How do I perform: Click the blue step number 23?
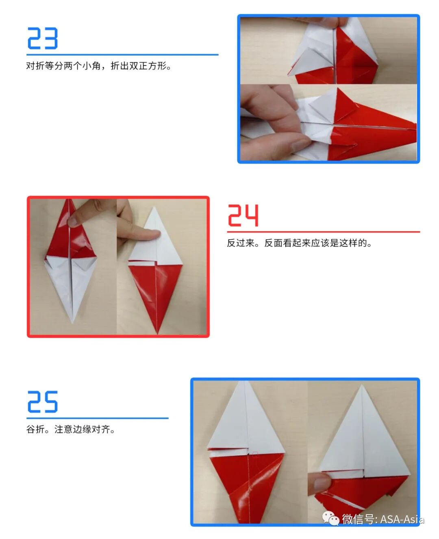pos(42,39)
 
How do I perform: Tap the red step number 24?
pos(243,215)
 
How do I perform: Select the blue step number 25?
pos(42,402)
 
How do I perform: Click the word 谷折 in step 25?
pos(35,429)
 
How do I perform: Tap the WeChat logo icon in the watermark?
pos(330,519)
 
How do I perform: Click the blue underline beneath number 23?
pos(122,54)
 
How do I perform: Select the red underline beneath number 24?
pos(323,232)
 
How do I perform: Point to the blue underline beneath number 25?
pos(97,418)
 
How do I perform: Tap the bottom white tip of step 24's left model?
pos(73,322)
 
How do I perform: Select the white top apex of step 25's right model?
pos(361,387)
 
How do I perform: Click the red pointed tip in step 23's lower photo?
pos(415,124)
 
